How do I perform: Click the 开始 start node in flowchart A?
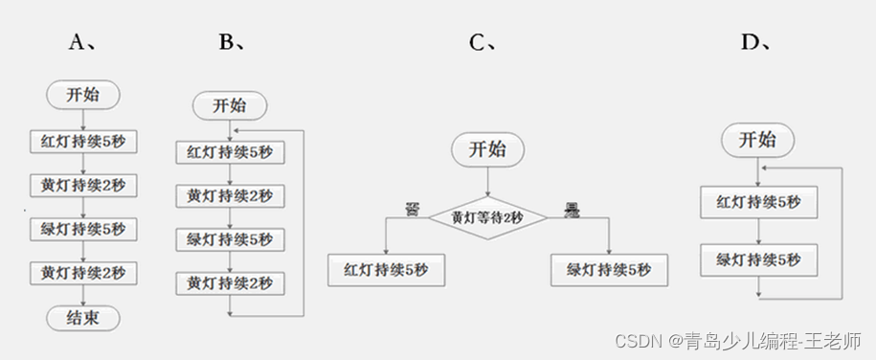click(x=84, y=95)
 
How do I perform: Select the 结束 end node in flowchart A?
click(x=84, y=317)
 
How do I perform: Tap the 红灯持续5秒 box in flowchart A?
click(x=83, y=142)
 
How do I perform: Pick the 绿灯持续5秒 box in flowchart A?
click(x=83, y=230)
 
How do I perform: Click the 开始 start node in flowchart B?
click(x=230, y=105)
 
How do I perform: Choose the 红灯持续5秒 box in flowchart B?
click(x=230, y=152)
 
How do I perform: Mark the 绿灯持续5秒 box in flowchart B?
click(x=230, y=239)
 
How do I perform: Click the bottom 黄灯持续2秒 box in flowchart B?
click(x=230, y=283)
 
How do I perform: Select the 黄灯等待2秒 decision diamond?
click(x=487, y=217)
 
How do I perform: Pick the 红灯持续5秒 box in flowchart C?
click(x=386, y=270)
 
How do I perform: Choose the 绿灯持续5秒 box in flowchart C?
click(x=609, y=270)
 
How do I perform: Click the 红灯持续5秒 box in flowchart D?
click(x=759, y=202)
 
